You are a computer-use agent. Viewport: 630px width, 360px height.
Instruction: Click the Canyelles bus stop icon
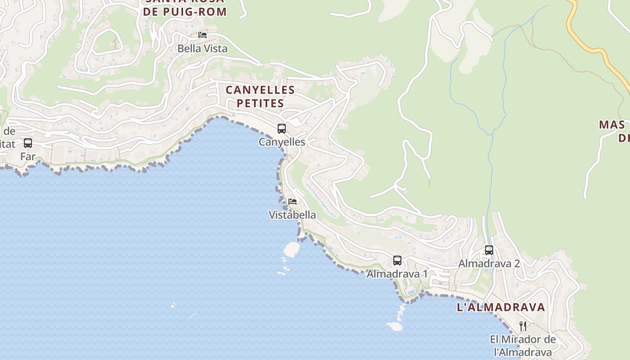[x=282, y=129]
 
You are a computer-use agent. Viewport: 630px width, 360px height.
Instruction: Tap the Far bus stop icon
[x=28, y=143]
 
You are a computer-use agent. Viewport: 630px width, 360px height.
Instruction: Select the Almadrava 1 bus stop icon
[x=397, y=260]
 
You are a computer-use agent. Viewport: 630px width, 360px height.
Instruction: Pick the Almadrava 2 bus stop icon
[x=489, y=250]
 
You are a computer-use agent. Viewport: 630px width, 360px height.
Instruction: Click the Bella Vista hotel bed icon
[x=202, y=35]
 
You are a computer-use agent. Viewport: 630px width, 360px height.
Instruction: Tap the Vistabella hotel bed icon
[x=292, y=201]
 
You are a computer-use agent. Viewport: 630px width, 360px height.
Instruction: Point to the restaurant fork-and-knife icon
[x=523, y=326]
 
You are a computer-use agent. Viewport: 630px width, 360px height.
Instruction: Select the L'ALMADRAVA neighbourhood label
[x=501, y=307]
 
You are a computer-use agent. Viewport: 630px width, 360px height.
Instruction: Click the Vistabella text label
[x=292, y=215]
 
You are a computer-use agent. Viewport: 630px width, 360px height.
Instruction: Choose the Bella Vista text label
[x=202, y=49]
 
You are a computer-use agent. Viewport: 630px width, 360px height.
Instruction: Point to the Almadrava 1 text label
[x=397, y=274]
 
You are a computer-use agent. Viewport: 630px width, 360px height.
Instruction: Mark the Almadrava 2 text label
[x=489, y=264]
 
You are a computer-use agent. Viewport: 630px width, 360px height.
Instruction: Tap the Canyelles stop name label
[x=282, y=142]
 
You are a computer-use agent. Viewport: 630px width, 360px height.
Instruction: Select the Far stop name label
[x=28, y=157]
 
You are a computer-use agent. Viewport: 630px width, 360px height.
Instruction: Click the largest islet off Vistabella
[x=292, y=249]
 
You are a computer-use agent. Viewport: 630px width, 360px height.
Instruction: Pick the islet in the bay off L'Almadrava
[x=395, y=326]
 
